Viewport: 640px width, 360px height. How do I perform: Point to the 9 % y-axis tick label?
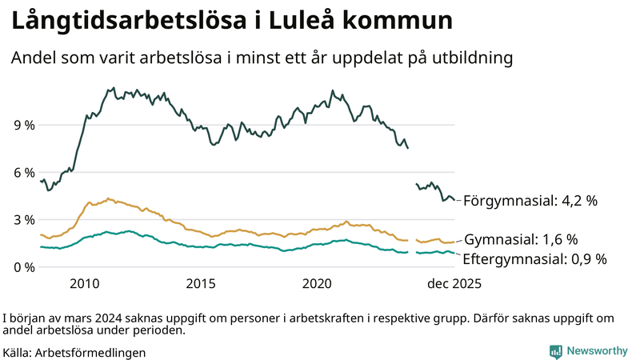click(23, 126)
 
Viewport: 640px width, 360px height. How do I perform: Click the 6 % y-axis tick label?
click(23, 173)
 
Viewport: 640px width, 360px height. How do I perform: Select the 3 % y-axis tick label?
click(23, 220)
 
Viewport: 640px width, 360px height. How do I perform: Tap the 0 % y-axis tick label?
click(23, 267)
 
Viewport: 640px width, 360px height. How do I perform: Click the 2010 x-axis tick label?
click(84, 284)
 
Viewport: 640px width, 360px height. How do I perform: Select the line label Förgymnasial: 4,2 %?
click(530, 201)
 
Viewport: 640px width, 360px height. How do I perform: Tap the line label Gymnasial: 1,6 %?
click(521, 239)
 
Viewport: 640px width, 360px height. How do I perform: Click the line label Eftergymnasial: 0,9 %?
click(535, 258)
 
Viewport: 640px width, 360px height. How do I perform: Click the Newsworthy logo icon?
click(555, 351)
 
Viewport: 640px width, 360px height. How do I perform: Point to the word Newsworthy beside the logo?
click(597, 351)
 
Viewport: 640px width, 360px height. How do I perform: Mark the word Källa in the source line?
click(18, 352)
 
